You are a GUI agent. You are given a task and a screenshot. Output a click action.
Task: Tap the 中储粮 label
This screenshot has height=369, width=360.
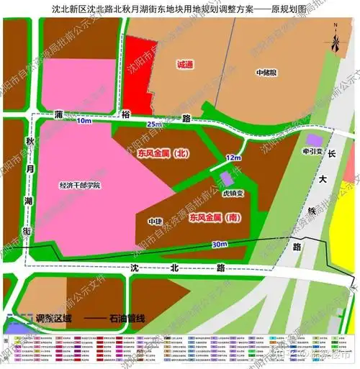tap(267, 73)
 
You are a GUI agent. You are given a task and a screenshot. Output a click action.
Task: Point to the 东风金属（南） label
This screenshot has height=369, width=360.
tap(214, 217)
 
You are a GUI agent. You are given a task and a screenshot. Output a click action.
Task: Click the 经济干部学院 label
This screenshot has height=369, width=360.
tap(79, 186)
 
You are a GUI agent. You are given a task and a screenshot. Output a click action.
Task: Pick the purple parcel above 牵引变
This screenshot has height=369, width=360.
tap(313, 139)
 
